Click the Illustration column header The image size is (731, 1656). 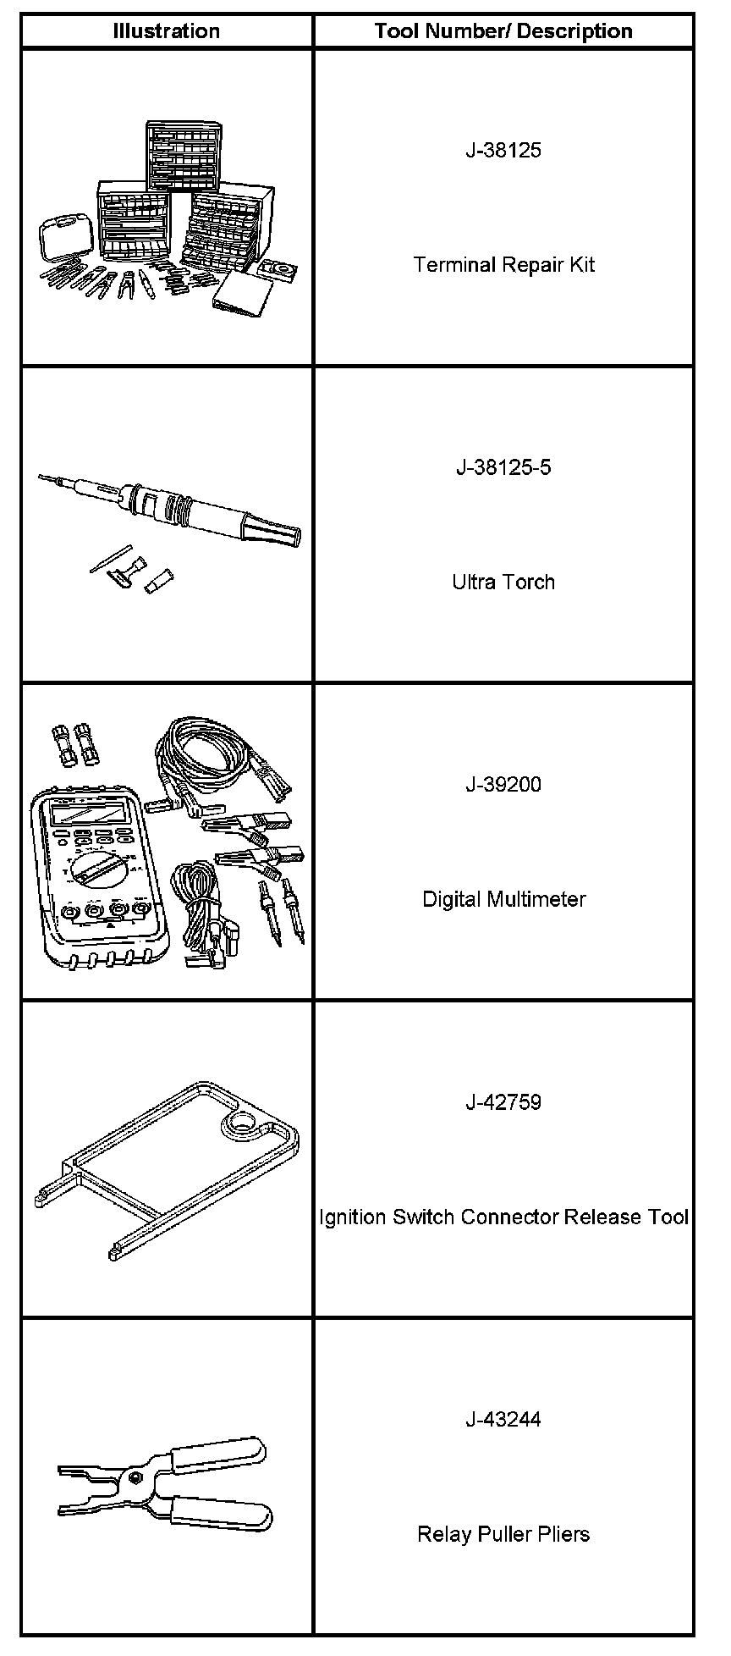(167, 31)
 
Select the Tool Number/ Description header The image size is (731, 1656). (503, 31)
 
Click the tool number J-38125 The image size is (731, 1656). (503, 151)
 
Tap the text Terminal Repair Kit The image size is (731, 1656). (503, 265)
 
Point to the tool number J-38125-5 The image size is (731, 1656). (503, 467)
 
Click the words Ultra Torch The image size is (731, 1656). (503, 582)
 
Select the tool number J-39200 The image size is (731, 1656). (503, 784)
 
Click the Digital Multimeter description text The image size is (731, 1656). (503, 899)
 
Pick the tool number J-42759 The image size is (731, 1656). (503, 1102)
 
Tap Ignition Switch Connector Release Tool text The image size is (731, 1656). (503, 1217)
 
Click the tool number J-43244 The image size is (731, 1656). (503, 1420)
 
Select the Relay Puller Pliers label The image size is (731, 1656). (503, 1534)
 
